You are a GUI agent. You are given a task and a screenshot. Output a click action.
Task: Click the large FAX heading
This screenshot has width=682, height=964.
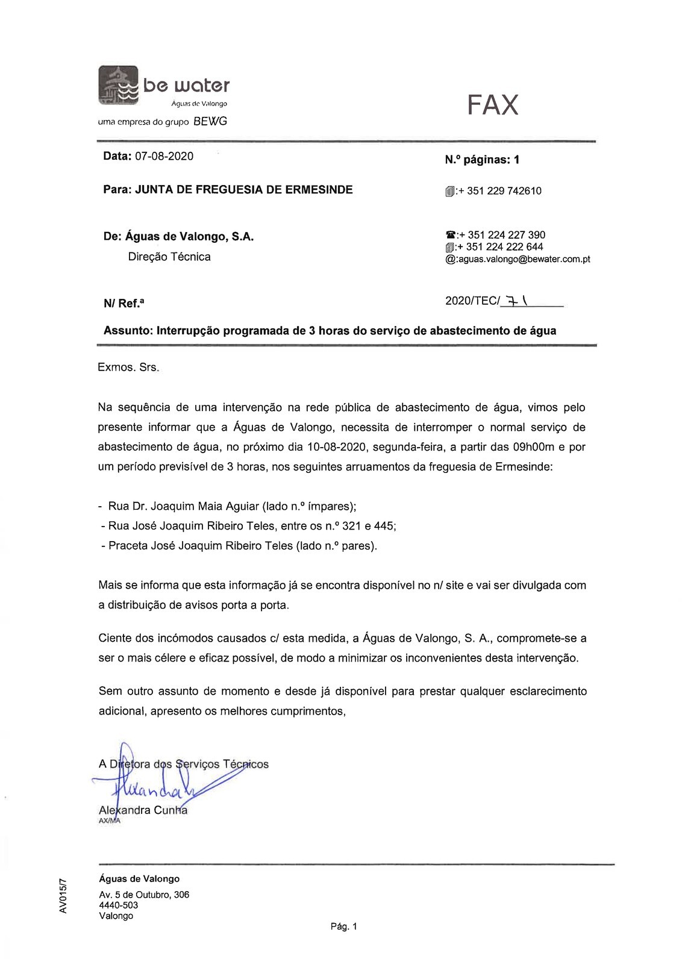[x=492, y=105]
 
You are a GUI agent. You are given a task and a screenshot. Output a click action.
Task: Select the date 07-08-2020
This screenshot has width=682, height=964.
[x=164, y=157]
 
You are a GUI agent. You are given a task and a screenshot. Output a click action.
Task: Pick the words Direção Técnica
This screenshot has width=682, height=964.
[x=169, y=257]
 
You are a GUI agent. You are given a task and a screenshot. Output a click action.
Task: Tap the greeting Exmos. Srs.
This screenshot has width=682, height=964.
[x=128, y=368]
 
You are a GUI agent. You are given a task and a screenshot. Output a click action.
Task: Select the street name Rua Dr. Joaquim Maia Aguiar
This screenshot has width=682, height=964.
[x=184, y=506]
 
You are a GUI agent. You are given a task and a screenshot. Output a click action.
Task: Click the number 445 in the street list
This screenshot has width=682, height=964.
[x=384, y=526]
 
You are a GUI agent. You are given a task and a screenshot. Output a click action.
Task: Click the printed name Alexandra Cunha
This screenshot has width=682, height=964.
[x=143, y=810]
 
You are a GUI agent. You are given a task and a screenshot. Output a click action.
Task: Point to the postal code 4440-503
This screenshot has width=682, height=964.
[x=119, y=905]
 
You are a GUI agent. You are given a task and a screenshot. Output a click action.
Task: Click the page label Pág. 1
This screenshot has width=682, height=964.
[x=344, y=927]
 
